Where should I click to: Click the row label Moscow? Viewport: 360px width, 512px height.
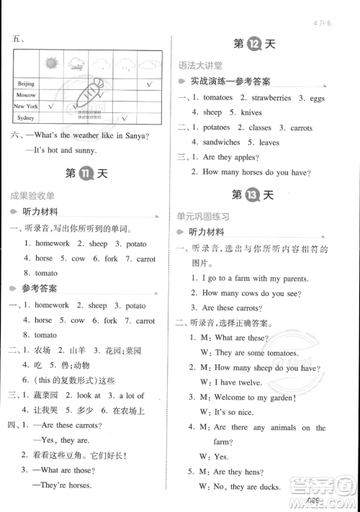[x=27, y=94]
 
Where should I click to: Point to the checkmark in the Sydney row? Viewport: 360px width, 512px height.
[x=124, y=117]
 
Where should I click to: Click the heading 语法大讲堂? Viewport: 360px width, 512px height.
[x=201, y=66]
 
